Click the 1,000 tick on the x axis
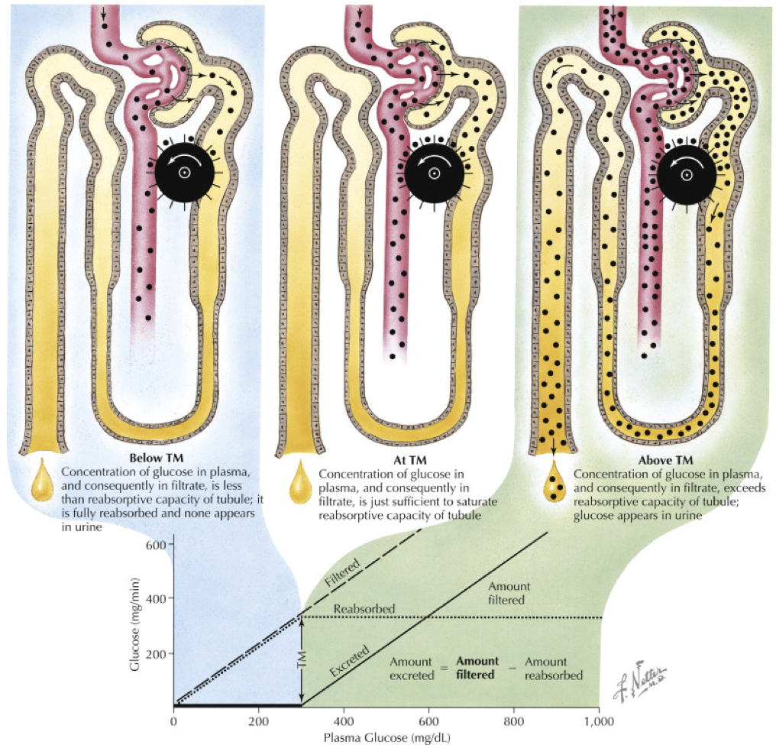click(x=598, y=719)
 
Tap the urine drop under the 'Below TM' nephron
click(x=42, y=481)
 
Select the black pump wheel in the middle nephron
click(x=434, y=173)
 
